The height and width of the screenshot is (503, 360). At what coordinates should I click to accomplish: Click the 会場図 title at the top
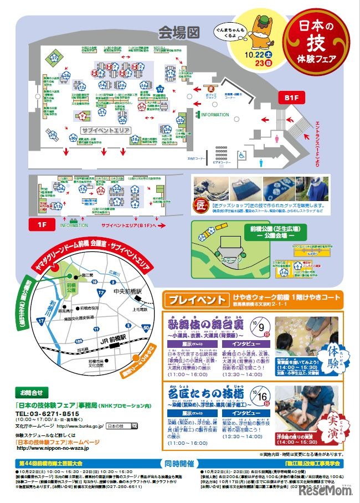[x=178, y=32]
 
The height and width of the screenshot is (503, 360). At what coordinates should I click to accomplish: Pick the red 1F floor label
[x=43, y=224]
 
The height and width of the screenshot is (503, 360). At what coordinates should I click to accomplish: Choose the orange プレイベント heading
[x=196, y=299]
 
